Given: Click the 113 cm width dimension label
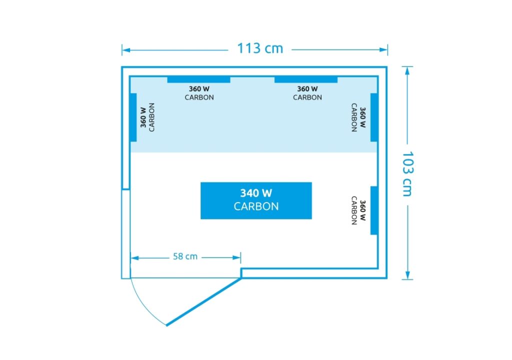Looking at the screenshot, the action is point(260,48).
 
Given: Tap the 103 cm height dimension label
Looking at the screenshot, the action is point(407,174).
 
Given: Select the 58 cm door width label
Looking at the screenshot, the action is point(185,256).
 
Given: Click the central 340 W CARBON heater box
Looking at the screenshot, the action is point(256,200).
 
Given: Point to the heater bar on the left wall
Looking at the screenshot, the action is point(133,117).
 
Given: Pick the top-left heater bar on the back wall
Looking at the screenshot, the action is point(199,79).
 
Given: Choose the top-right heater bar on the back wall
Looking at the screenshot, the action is point(306,79).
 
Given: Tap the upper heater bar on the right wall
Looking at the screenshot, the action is point(374,117).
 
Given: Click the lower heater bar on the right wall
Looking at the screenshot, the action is point(374,210).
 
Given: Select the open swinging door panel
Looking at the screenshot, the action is point(204,301).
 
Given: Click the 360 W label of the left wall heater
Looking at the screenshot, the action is point(143,117).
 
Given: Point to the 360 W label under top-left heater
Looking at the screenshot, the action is point(199,89).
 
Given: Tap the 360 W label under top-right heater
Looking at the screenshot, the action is point(307,89).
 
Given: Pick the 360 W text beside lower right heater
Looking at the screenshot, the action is point(363,210).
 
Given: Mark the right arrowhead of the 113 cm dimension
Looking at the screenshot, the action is point(383,50).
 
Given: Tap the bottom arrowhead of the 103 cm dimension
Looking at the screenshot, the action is point(407,275).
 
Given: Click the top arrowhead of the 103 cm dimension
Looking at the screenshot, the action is point(407,71).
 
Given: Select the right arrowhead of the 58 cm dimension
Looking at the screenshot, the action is point(236,257).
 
